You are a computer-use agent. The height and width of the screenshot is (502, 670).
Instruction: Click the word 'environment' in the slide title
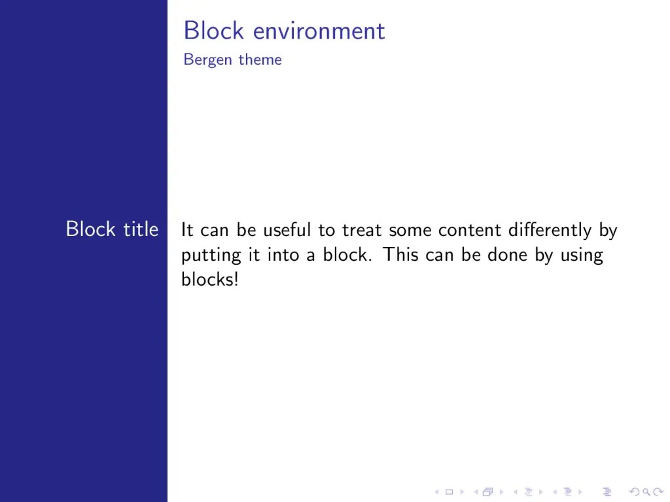coord(319,31)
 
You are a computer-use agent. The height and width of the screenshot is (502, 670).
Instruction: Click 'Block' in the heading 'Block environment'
coord(213,31)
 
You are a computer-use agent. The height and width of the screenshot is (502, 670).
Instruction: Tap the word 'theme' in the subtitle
coord(260,60)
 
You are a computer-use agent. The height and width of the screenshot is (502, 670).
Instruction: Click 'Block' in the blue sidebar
coord(91,229)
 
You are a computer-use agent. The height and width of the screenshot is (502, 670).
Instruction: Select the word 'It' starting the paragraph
coord(187,230)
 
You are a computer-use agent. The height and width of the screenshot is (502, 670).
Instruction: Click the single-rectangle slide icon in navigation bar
coord(449,492)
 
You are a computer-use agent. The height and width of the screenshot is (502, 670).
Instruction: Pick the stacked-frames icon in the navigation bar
coord(487,492)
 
